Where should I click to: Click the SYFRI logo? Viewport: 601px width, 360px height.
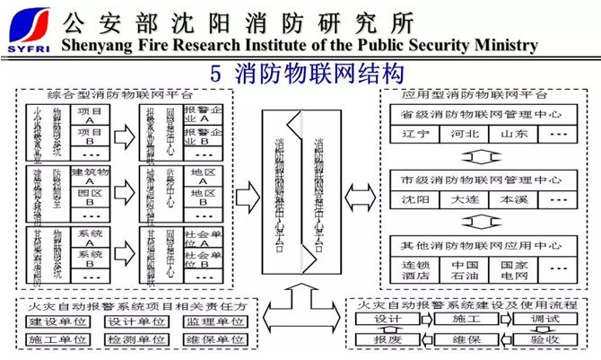(29, 30)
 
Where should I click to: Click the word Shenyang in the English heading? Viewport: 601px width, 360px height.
(97, 45)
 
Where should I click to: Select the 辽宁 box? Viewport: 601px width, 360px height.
(411, 135)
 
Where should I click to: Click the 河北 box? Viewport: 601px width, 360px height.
(465, 135)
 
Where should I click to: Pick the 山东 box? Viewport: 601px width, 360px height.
(514, 135)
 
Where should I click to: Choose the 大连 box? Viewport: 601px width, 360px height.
(464, 199)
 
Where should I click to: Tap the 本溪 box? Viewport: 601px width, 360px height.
(514, 199)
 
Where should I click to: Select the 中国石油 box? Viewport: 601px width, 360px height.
(464, 270)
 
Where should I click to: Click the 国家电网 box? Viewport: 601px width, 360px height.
(514, 270)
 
